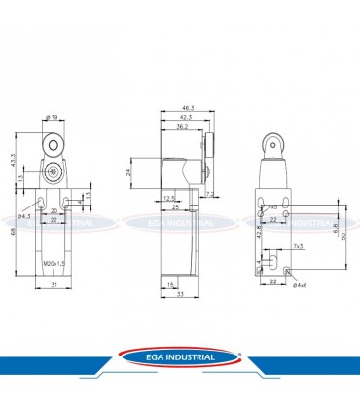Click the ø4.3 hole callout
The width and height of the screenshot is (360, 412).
pyautogui.click(x=13, y=217)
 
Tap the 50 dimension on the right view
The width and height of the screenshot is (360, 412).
pyautogui.click(x=344, y=234)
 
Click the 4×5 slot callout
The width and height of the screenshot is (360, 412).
pyautogui.click(x=272, y=207)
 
